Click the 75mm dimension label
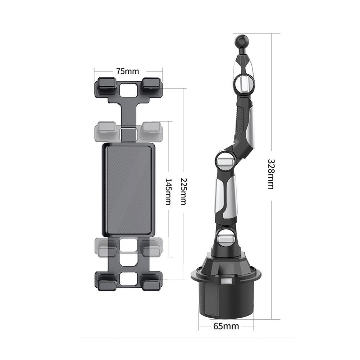coord(127,71)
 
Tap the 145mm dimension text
coord(168,191)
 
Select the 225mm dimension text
coord(183,191)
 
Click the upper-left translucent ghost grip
coord(105,130)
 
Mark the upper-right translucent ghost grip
coord(151,130)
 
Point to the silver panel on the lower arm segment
coord(229,199)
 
